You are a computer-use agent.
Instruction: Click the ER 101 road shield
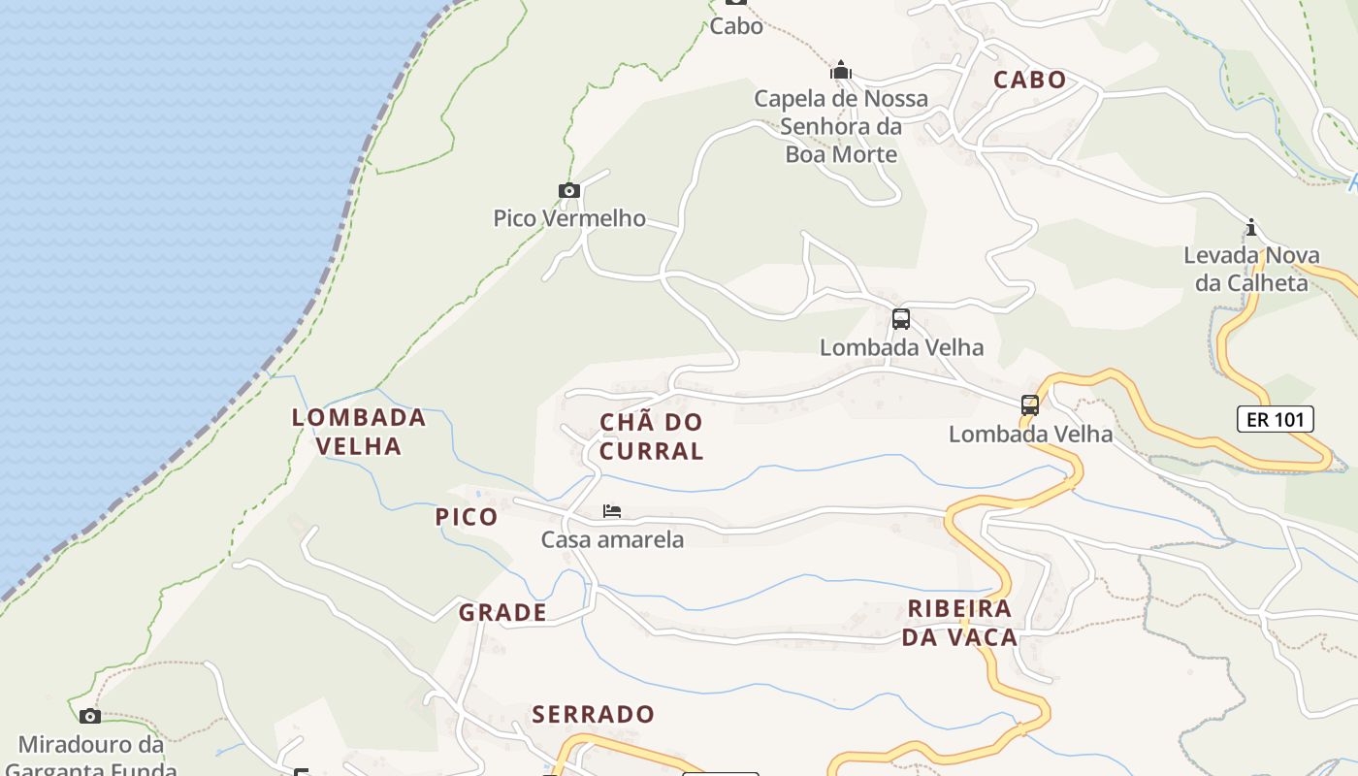tap(1276, 419)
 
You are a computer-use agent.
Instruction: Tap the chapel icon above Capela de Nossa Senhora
tap(840, 70)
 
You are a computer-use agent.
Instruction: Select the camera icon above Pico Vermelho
tap(569, 190)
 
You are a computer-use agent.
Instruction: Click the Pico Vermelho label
tap(569, 218)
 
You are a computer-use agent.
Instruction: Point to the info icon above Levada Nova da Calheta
tap(1251, 228)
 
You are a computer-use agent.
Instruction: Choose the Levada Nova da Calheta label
tap(1251, 270)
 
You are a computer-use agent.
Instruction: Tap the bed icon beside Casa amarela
tap(611, 511)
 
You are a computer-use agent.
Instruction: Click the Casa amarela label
tap(612, 539)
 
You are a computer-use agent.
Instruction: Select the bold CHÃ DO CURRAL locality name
tap(651, 436)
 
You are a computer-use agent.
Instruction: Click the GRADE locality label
tap(502, 613)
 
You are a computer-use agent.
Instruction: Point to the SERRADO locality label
tap(594, 715)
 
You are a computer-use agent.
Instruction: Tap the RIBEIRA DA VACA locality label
tap(960, 623)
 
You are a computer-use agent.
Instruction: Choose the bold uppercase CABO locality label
tap(1029, 81)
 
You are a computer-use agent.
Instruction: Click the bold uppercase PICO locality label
tap(467, 517)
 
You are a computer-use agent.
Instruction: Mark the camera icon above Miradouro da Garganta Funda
tap(90, 716)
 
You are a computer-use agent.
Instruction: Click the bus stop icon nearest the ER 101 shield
tap(1030, 405)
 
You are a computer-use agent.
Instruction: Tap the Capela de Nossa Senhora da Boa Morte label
tap(841, 126)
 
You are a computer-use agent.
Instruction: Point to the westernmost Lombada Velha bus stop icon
tap(901, 318)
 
